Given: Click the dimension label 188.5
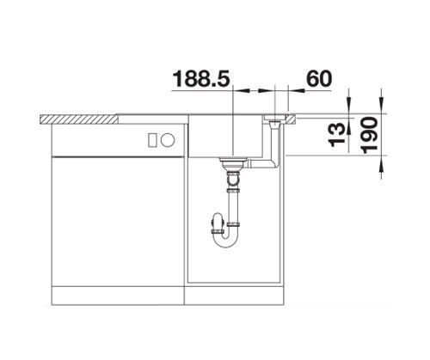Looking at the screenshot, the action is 201,79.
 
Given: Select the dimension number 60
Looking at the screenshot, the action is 319,79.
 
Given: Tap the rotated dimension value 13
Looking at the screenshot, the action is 337,135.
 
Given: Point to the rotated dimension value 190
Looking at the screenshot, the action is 369,135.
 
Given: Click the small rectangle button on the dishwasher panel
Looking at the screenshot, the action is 152,140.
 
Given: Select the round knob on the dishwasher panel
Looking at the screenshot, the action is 168,140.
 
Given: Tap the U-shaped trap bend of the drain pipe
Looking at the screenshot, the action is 225,238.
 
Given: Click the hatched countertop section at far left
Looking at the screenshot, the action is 79,119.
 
